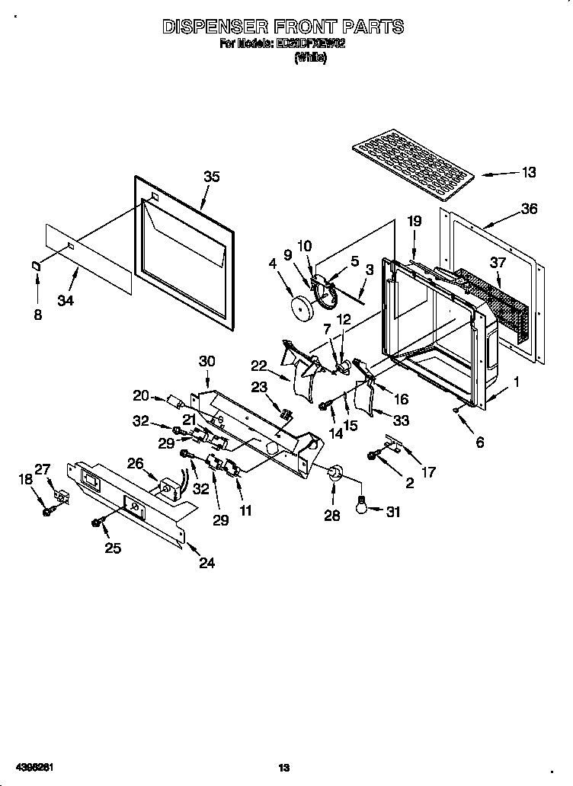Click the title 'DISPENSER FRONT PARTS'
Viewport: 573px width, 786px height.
coord(283,27)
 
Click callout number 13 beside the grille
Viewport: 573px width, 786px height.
coord(528,172)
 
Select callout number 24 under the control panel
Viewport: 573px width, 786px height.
coord(206,563)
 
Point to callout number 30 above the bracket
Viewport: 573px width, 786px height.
coord(206,361)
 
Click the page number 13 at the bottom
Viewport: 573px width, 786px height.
coord(283,768)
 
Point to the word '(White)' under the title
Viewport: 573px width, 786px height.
coord(309,58)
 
